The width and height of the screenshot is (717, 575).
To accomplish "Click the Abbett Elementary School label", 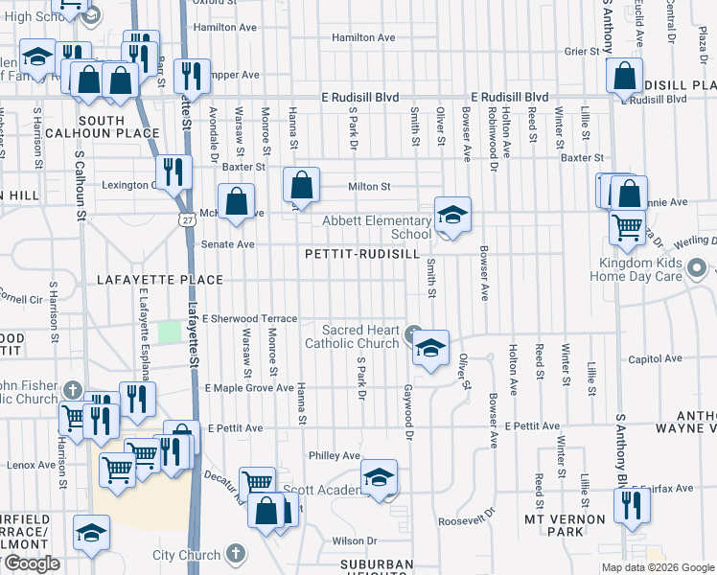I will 377,227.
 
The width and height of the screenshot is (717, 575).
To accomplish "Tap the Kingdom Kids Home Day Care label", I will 640,269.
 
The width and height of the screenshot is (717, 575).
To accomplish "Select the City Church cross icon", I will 236,555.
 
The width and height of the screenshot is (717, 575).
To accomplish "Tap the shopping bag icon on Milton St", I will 301,186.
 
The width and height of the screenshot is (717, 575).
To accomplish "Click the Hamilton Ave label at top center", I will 363,37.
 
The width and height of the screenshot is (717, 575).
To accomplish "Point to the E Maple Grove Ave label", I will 249,388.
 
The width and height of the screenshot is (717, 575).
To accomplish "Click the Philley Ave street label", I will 334,455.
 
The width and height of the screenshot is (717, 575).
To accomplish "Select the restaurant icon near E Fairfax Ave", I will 630,505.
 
